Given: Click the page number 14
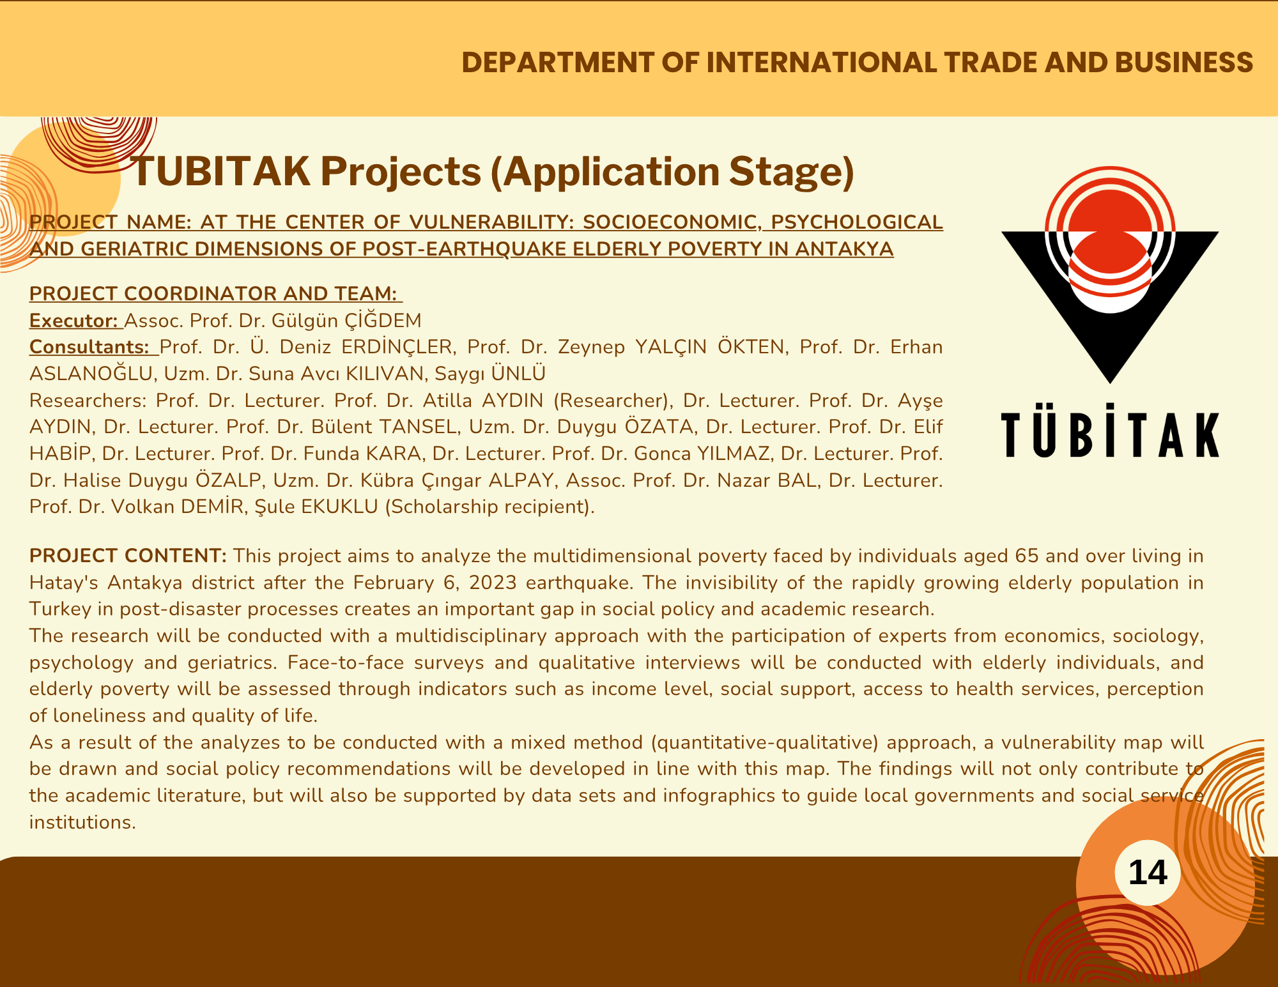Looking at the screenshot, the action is tap(1148, 873).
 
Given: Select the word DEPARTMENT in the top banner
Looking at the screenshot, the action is tap(557, 63).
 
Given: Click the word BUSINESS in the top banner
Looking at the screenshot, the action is tap(1184, 63).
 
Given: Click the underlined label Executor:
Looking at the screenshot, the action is tap(75, 320).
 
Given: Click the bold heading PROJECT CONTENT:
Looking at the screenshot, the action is tap(128, 556).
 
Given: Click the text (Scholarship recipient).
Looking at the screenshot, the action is tap(489, 507).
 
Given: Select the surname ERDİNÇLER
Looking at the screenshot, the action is tap(398, 347).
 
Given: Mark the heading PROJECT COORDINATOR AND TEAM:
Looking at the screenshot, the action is tap(215, 293).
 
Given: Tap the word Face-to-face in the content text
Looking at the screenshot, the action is tap(346, 662).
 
